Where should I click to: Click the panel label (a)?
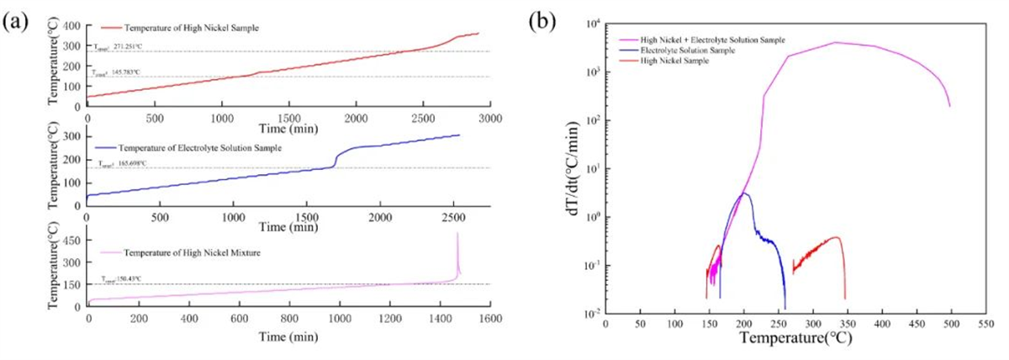17,22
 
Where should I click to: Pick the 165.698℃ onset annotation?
124,164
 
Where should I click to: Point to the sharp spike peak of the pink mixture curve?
457,233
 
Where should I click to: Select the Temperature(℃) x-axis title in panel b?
786,342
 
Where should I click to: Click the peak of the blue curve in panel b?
743,193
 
